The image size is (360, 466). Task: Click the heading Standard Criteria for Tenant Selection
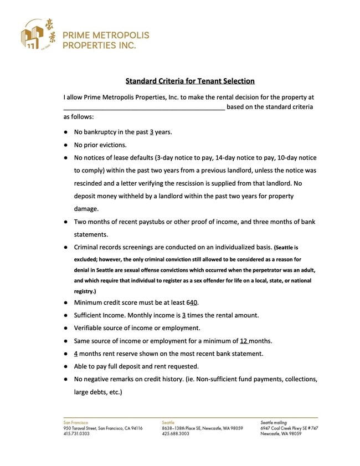coord(190,81)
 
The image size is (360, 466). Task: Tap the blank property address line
coord(144,107)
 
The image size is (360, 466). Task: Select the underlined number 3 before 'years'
coord(151,132)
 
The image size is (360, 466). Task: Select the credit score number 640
coord(192,303)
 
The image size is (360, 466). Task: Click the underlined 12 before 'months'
coord(244,341)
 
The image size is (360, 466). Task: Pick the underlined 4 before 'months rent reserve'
coord(76,354)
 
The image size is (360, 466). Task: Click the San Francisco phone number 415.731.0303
coord(76,434)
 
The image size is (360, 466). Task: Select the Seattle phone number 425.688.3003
coord(176,434)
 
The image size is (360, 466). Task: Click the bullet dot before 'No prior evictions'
coord(66,145)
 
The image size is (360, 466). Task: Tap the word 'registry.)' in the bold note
coord(85,291)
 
